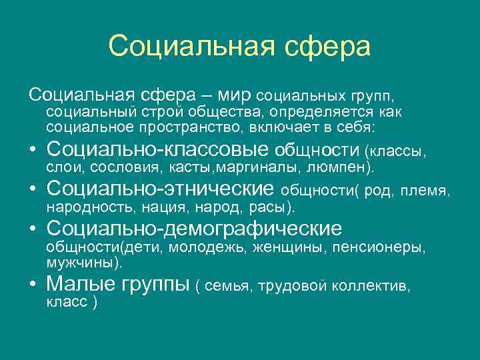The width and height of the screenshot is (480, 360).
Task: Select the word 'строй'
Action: point(163,111)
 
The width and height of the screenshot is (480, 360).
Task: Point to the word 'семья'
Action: point(224,287)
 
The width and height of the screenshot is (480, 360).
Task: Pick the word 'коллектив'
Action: point(375,287)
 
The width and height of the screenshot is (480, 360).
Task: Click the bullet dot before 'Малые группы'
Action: point(33,285)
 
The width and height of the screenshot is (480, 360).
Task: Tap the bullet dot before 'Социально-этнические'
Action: point(33,189)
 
